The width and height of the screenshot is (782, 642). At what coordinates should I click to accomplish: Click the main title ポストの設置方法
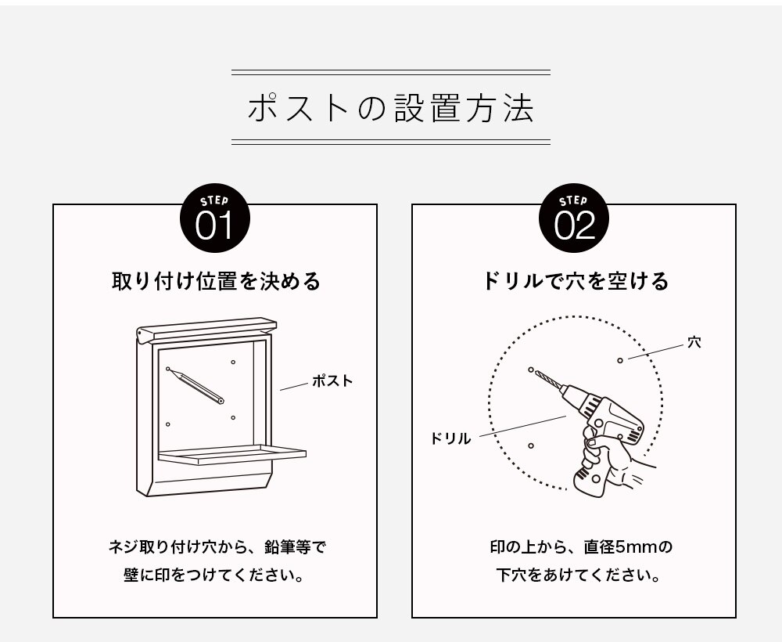tap(390, 109)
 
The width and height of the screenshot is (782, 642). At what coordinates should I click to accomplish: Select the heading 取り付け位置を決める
tap(216, 282)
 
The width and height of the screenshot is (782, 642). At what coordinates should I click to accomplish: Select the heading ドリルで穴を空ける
tap(575, 282)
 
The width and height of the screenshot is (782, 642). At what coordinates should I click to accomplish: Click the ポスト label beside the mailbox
tap(332, 381)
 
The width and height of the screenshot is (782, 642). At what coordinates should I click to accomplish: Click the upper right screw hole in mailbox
tap(233, 362)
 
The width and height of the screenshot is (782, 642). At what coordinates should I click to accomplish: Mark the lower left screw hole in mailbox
tap(168, 424)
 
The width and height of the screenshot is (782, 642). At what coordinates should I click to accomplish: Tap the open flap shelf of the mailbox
tap(231, 453)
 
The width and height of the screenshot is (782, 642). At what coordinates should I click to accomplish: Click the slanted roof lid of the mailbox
tap(207, 328)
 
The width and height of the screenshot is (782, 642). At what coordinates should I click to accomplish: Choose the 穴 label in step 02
tap(694, 342)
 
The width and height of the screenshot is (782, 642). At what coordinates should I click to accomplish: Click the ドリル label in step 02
tap(450, 438)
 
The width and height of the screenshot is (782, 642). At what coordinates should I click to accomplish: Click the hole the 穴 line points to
tap(620, 359)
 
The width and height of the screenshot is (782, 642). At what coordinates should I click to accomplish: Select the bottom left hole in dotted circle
tap(531, 445)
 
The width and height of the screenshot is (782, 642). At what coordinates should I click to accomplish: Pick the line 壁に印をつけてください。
tap(214, 575)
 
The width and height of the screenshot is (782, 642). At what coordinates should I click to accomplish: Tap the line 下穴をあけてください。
tap(575, 575)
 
